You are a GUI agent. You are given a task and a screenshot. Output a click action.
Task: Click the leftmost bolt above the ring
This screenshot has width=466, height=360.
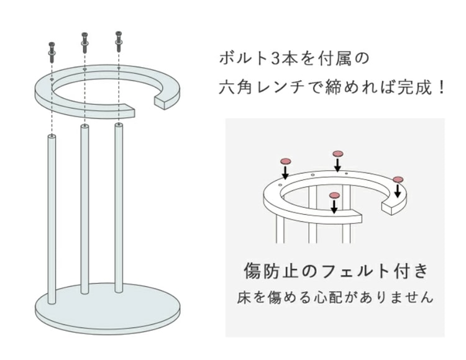point(52,52)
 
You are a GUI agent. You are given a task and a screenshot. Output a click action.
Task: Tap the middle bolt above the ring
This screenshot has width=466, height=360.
point(85,43)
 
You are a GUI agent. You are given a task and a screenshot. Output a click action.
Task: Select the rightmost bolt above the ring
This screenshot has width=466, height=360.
point(119,41)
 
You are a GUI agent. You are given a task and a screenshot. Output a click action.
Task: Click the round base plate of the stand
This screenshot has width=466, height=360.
point(107,308)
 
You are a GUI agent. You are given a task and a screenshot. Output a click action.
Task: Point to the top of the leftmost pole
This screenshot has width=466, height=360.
point(52,137)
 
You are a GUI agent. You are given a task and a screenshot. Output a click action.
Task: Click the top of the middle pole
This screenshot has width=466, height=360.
point(85,127)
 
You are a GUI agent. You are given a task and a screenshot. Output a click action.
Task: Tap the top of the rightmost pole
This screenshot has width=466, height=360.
point(119,125)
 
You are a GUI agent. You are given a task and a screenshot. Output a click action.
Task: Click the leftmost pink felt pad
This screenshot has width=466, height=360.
point(285,162)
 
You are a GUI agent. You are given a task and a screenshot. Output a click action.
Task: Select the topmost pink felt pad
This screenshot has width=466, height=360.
point(338,154)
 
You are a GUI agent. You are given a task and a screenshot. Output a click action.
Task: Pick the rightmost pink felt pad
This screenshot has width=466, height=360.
point(398,179)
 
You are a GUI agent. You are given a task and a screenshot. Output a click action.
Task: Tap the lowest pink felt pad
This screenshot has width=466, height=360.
point(334,196)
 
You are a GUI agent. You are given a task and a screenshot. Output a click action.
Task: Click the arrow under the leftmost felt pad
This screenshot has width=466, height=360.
point(285,173)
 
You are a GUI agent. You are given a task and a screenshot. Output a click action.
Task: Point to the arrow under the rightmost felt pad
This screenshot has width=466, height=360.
point(398,191)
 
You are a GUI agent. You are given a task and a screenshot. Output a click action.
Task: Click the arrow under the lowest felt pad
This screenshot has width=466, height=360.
point(334,207)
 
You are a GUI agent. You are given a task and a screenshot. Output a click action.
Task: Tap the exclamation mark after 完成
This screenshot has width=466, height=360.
point(441,88)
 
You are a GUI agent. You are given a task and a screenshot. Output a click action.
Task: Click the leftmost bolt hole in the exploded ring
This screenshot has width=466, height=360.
point(52,80)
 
